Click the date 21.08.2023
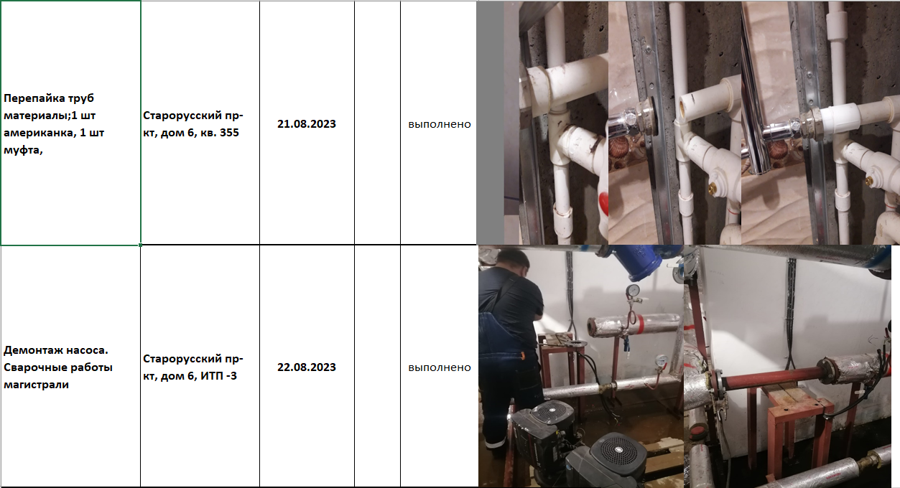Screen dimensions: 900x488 [x=306, y=124]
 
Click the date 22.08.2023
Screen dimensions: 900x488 [x=306, y=367]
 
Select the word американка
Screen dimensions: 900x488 [x=40, y=133]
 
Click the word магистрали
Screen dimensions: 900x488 [x=36, y=385]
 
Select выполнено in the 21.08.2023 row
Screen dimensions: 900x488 [x=439, y=124]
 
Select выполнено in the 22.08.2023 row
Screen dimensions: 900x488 [x=439, y=367]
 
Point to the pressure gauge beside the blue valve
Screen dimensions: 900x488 [x=634, y=291]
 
